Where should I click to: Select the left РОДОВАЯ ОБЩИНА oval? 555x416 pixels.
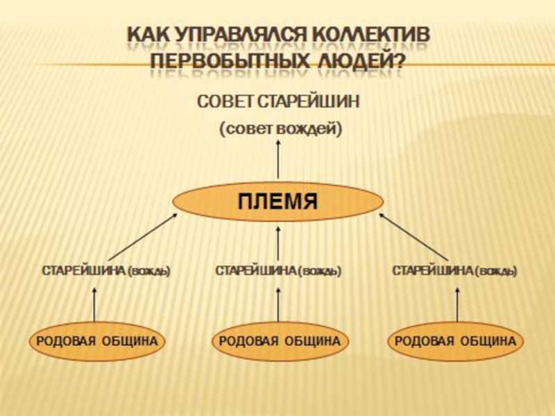tap(97, 341)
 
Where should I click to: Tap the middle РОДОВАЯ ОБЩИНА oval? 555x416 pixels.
tap(279, 341)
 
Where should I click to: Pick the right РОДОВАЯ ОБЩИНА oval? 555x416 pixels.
tap(455, 341)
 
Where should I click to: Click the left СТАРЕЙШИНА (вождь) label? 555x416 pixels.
tap(106, 270)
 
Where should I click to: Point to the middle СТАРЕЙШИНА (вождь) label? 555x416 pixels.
tap(278, 270)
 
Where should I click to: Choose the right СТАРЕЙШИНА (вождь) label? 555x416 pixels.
tap(454, 270)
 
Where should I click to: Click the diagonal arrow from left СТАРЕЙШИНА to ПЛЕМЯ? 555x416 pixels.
tap(143, 236)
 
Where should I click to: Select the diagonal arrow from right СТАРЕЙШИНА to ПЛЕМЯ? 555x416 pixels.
tap(413, 236)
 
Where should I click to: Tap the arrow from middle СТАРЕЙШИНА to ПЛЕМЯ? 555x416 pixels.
tap(278, 243)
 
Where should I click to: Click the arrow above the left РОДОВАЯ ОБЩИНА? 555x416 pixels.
tap(95, 305)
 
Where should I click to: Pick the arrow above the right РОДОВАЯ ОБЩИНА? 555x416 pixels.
tap(457, 305)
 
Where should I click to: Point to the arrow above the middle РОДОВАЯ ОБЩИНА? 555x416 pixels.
tap(278, 305)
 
